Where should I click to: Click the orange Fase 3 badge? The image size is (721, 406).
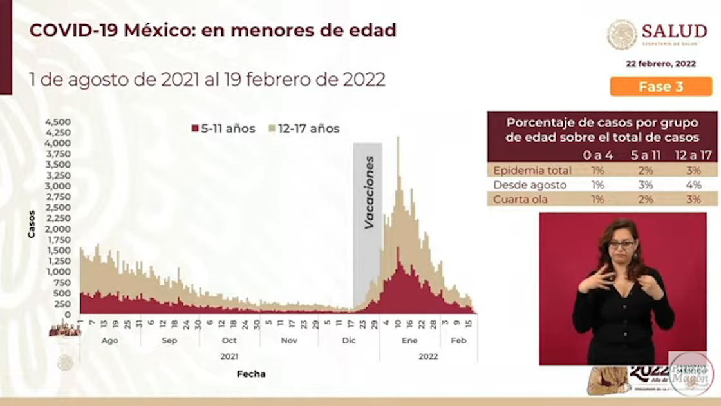(660, 86)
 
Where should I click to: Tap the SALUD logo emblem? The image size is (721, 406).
(622, 35)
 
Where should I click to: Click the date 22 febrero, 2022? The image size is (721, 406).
(660, 64)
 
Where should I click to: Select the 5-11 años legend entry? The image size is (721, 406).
(223, 129)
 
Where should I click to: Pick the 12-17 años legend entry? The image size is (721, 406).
(304, 129)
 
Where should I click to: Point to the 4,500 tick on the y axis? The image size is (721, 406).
(57, 122)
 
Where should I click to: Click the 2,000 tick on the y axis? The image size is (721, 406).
(57, 229)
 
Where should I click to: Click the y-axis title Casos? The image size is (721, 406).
(32, 224)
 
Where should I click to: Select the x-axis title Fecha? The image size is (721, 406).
(250, 374)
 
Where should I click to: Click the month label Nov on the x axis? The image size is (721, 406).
(289, 340)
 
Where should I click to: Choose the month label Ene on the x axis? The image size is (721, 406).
(409, 340)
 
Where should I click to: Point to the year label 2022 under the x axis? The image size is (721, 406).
(428, 356)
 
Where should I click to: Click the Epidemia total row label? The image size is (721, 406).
(532, 171)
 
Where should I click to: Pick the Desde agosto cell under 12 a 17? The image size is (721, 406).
(693, 185)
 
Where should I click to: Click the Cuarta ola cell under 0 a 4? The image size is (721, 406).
(597, 199)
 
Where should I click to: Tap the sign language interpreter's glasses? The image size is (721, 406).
(621, 245)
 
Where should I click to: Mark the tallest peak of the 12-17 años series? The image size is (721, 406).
(398, 138)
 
